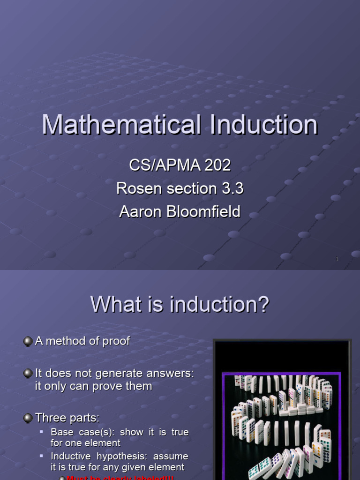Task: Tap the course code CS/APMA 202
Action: click(x=180, y=165)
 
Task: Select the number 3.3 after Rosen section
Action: click(x=232, y=188)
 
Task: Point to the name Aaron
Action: click(x=140, y=212)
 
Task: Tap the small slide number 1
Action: click(x=337, y=259)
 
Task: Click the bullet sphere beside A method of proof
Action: click(x=28, y=342)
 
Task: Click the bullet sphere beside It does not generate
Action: click(x=28, y=374)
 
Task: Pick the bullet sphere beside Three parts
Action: click(x=28, y=418)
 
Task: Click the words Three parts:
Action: click(x=67, y=418)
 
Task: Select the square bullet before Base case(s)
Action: click(x=42, y=431)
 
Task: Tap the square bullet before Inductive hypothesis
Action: click(x=42, y=456)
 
